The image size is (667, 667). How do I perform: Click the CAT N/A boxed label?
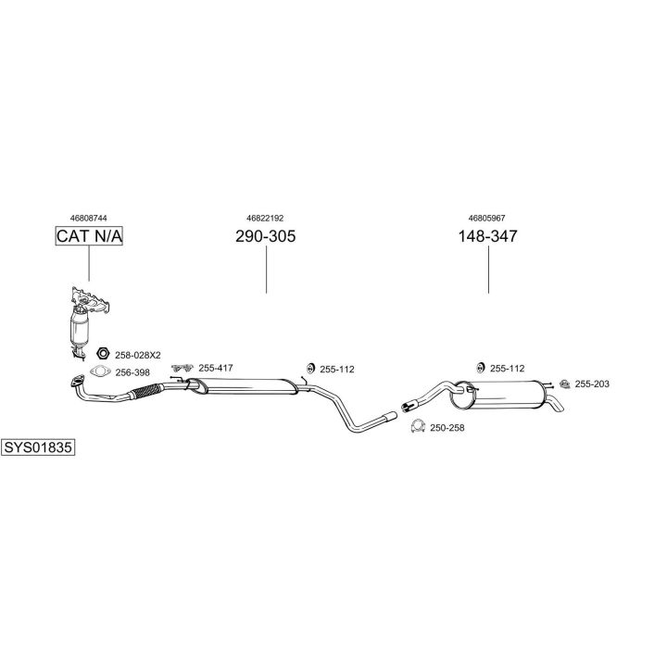click(89, 236)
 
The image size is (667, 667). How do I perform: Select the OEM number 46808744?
click(89, 218)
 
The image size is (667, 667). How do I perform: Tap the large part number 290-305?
click(266, 236)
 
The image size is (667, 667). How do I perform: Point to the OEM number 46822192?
click(266, 218)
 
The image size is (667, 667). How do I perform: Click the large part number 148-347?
click(487, 236)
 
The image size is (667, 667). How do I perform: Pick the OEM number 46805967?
click(487, 218)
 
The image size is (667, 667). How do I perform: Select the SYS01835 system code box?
click(38, 447)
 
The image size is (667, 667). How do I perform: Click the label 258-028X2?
click(138, 355)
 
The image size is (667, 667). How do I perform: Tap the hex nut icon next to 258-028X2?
click(104, 354)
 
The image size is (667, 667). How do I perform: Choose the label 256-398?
click(132, 372)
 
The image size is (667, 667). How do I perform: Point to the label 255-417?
click(216, 368)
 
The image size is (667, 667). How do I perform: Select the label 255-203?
click(592, 384)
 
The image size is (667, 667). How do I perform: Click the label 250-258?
click(447, 427)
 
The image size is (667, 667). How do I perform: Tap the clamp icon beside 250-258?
click(417, 426)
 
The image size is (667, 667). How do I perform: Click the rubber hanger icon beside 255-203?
click(561, 383)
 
